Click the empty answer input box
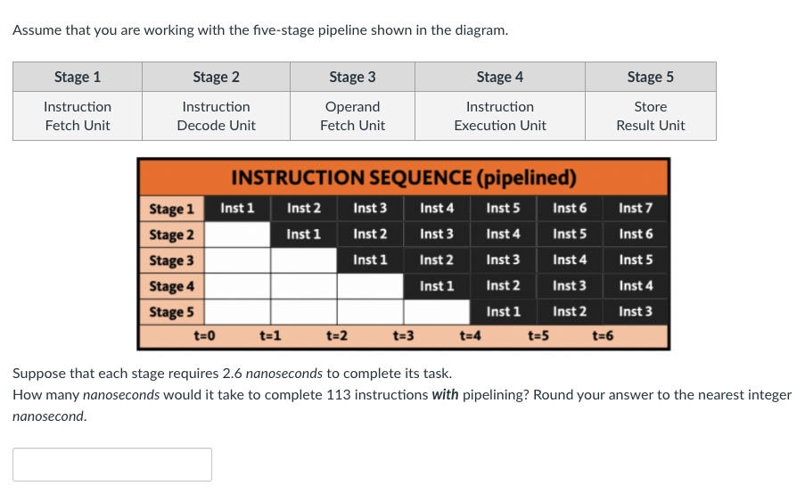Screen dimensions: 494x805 [x=112, y=465]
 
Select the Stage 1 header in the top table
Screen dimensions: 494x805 [x=78, y=77]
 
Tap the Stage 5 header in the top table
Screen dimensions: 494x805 [x=650, y=77]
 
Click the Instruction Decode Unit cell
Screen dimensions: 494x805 [x=216, y=116]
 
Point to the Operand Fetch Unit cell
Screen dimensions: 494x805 [x=352, y=116]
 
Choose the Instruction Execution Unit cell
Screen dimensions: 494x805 [x=499, y=116]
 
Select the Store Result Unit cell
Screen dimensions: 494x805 [x=650, y=116]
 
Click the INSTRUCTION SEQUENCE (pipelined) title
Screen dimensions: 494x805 [x=403, y=177]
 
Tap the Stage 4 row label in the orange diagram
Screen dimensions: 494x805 [x=171, y=286]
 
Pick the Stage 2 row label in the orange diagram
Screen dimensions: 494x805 [x=171, y=235]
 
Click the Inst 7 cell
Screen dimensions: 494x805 [x=636, y=209]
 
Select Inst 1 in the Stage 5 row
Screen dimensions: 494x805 [x=503, y=312]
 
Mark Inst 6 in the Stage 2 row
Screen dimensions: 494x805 [x=636, y=235]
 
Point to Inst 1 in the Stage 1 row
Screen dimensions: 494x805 [x=237, y=209]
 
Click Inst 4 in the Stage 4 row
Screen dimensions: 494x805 [x=636, y=286]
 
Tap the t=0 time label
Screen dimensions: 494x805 [x=205, y=336]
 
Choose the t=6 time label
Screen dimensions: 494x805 [x=604, y=336]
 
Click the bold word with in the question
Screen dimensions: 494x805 [x=445, y=395]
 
